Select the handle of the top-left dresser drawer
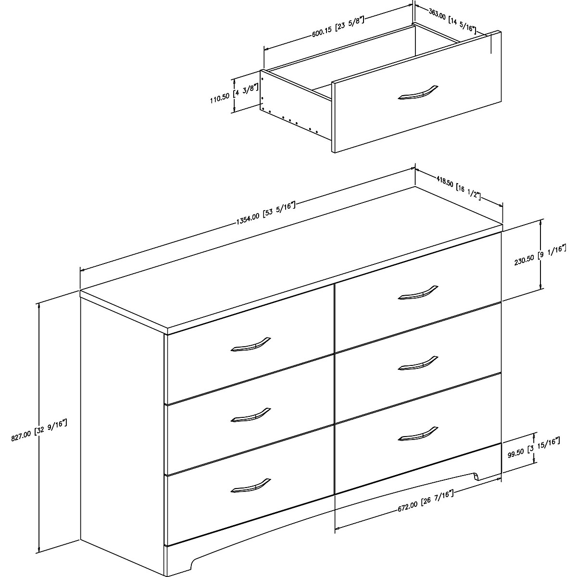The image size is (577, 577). pos(251,343)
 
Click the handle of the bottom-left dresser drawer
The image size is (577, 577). pos(251,485)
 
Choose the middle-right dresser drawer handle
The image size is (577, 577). pos(418,363)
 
